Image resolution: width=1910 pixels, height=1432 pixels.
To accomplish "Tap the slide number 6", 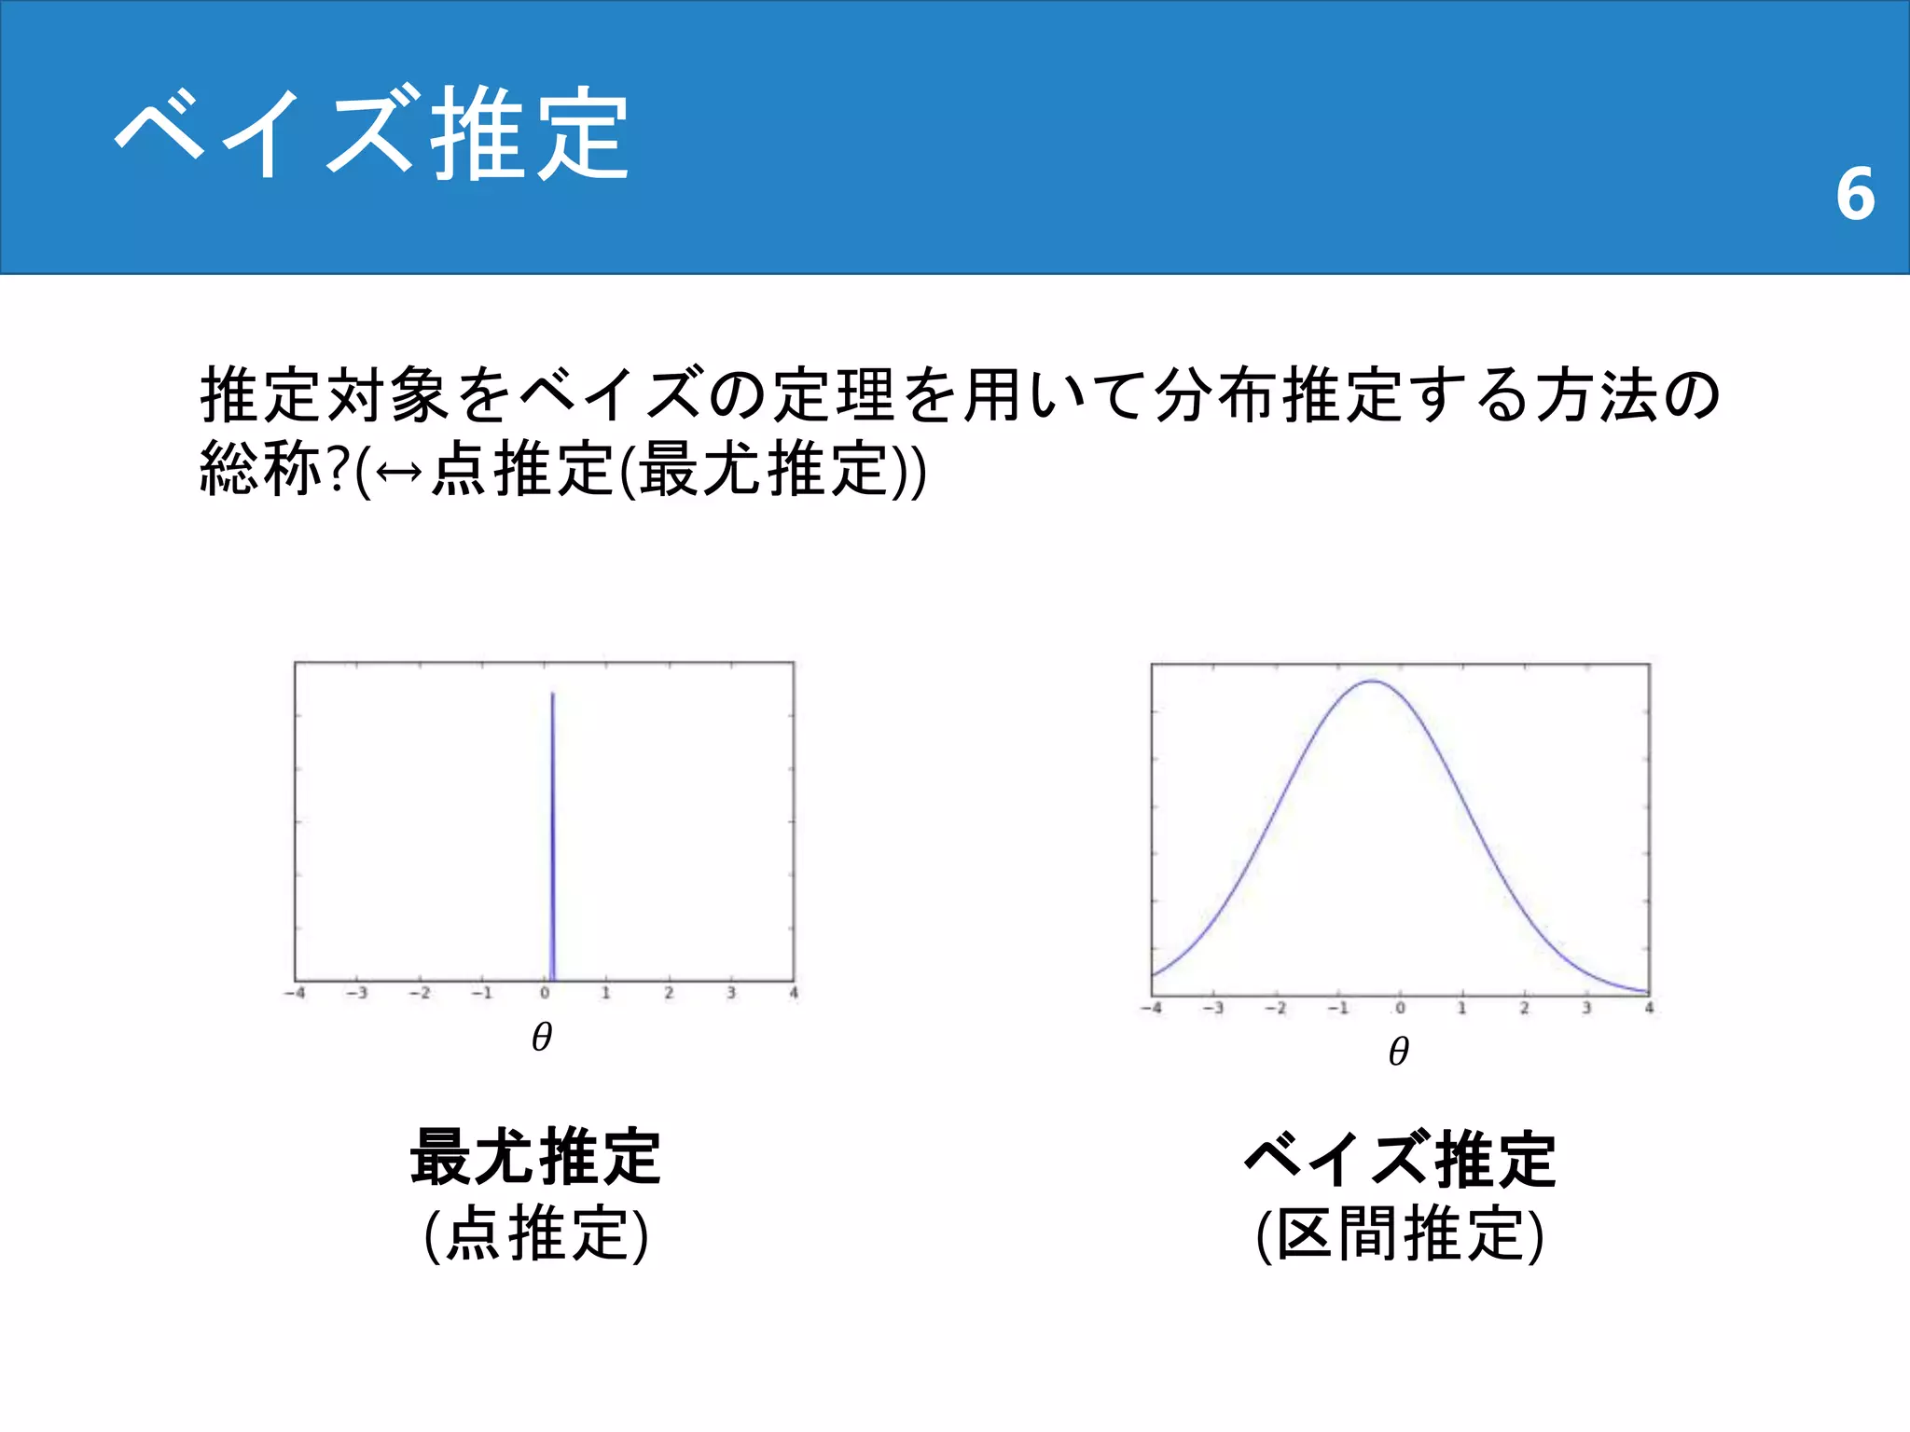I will click(1854, 194).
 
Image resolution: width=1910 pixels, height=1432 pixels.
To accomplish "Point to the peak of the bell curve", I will click(1373, 682).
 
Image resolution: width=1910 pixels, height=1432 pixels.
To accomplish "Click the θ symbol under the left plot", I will click(542, 1037).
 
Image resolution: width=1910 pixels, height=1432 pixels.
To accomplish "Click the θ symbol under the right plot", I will click(1398, 1052).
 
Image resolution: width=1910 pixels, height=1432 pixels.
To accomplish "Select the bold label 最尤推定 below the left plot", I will click(535, 1157).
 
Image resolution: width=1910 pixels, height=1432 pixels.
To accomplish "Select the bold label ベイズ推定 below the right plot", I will click(1400, 1159).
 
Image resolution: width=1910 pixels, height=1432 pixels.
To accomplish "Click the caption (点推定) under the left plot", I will click(535, 1233).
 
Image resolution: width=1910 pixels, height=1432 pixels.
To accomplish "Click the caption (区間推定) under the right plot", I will click(1400, 1233).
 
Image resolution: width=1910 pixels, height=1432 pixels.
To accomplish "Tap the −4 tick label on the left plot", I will click(295, 993).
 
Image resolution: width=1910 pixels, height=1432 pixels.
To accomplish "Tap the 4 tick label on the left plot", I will click(794, 993).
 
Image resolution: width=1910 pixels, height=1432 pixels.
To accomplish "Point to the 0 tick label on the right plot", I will click(1400, 1008).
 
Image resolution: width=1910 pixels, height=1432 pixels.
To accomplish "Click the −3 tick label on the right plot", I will click(1212, 1008).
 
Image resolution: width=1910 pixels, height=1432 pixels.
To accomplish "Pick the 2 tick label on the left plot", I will click(669, 993).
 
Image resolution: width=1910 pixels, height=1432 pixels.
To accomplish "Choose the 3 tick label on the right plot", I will click(1586, 1008).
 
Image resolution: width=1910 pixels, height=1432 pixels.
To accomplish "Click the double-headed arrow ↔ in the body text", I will click(399, 471).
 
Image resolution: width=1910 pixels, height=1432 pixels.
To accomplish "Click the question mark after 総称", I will click(338, 469).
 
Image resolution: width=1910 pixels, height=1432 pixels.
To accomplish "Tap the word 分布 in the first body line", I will click(1217, 395).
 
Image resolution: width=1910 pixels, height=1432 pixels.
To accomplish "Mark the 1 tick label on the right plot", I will click(1461, 1008).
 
